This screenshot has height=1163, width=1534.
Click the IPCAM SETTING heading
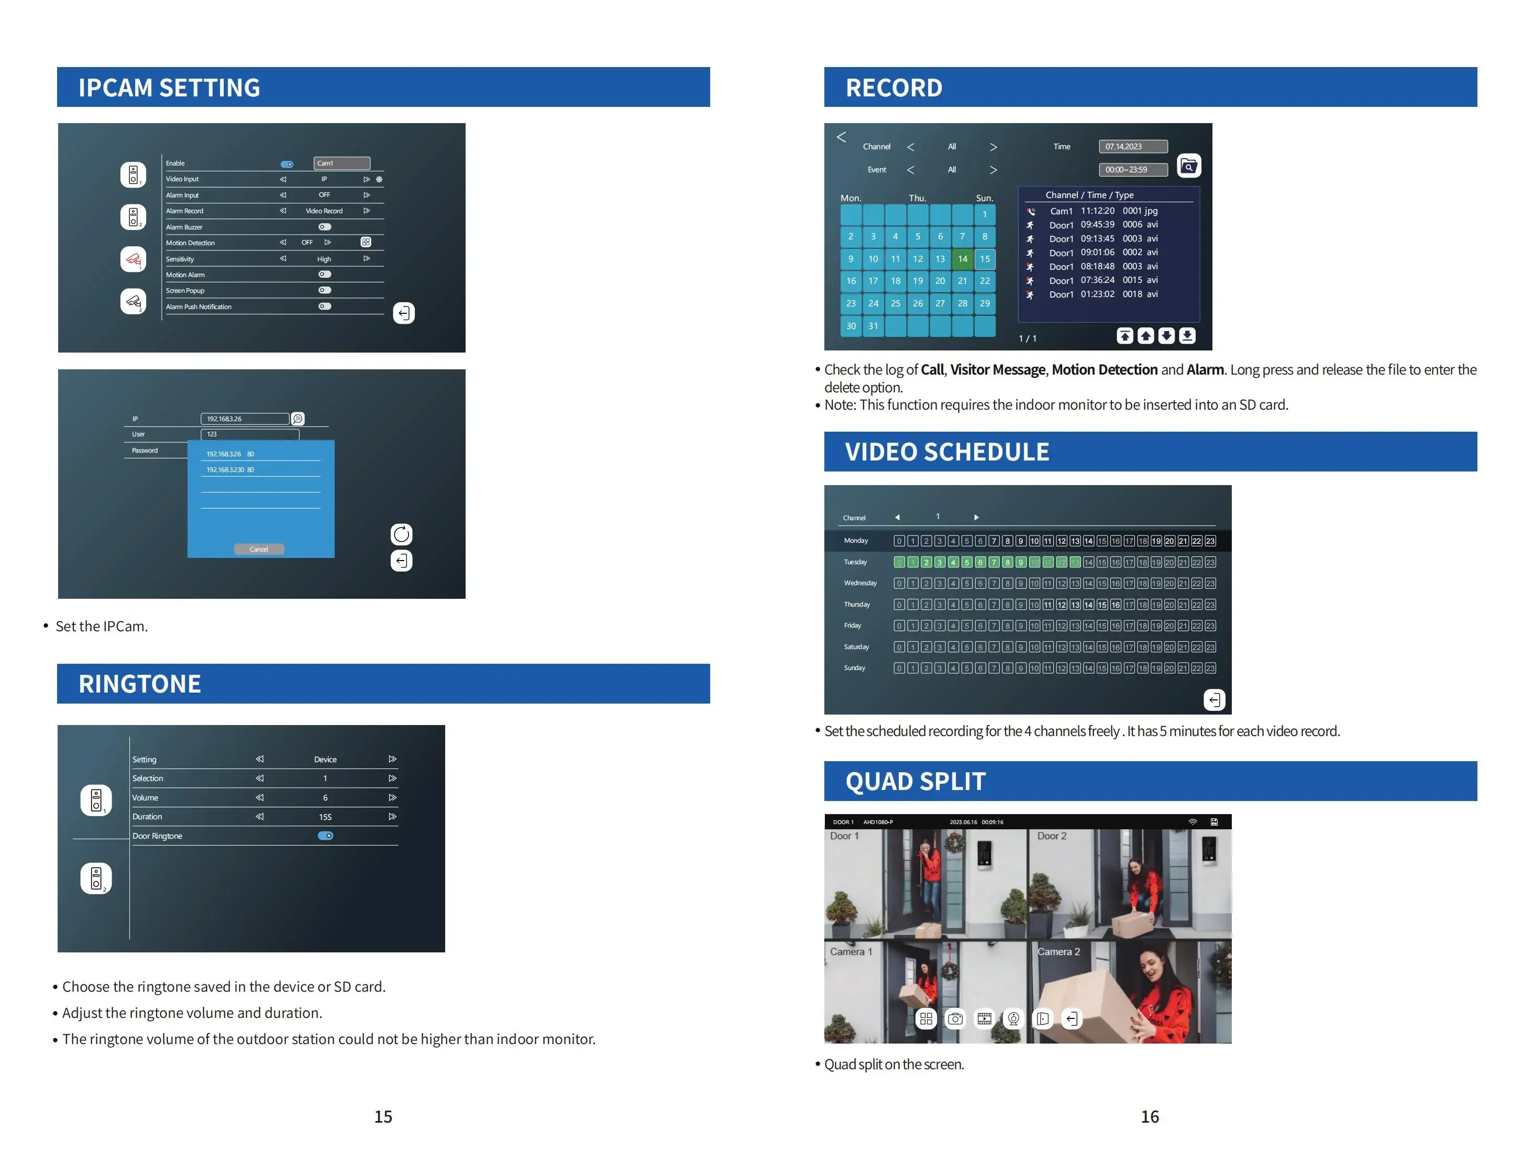[x=169, y=87]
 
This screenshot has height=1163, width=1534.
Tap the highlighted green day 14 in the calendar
[x=962, y=259]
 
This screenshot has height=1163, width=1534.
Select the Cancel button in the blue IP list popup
[x=259, y=549]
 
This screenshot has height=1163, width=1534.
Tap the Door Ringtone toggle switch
[x=325, y=836]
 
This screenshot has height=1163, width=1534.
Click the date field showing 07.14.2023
[x=1132, y=146]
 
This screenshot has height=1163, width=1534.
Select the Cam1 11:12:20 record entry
[x=1102, y=211]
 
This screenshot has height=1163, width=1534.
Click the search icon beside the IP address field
[x=297, y=419]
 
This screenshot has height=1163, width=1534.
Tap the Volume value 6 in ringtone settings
[x=325, y=797]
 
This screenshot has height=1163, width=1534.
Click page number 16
[x=1149, y=1116]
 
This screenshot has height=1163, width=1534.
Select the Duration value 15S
[x=325, y=817]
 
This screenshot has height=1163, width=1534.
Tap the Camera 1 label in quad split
[x=851, y=951]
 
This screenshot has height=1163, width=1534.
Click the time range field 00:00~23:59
[x=1132, y=169]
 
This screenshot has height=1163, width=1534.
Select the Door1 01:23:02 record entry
[x=1102, y=294]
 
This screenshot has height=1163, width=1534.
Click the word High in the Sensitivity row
[x=324, y=259]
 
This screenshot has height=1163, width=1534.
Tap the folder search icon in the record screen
[x=1188, y=167]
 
